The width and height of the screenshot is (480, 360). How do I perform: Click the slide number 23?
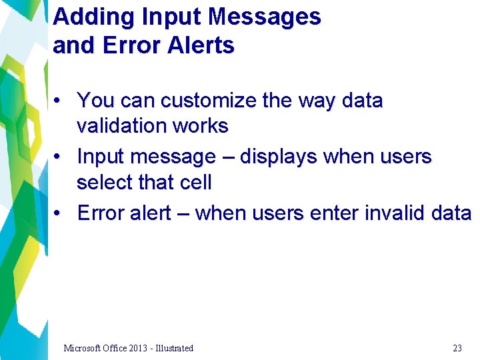point(457,348)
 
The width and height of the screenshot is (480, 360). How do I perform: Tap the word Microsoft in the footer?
point(83,348)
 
